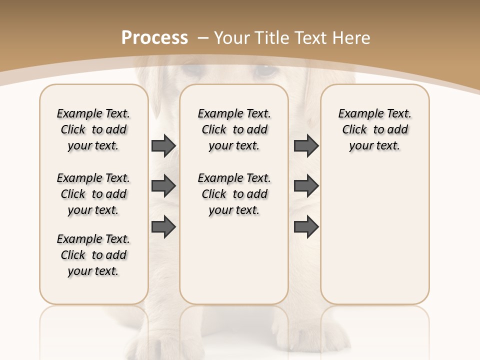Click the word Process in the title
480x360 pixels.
point(154,37)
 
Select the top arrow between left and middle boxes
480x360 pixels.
point(163,145)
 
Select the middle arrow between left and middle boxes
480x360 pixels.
point(163,186)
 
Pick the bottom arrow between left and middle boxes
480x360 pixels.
point(163,227)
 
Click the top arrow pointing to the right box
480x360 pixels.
point(306,145)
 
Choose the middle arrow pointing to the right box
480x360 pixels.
point(306,186)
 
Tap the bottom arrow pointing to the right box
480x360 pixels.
point(306,227)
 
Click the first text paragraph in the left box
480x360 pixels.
point(93,129)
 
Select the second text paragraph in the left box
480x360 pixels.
point(93,194)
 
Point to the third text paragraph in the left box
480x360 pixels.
point(93,255)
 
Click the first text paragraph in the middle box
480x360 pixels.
point(234,129)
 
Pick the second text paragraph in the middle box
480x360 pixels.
point(234,194)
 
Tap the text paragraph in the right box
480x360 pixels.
point(375,129)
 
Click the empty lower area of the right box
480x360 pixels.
point(375,240)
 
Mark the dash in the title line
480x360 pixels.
point(203,37)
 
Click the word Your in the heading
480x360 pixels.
point(232,37)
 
